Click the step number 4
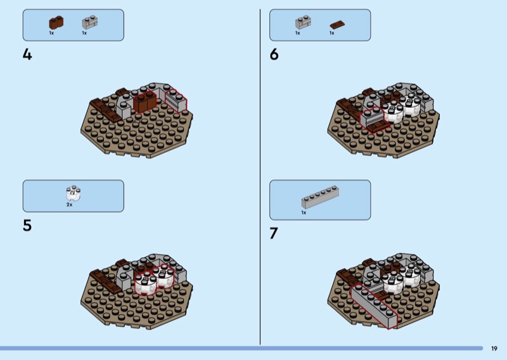pos(27,55)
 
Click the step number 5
pos(27,226)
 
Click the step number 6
pos(274,55)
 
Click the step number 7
pos(274,233)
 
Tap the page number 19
pos(494,349)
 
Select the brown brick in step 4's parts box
pos(56,23)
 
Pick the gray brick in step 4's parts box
pos(89,22)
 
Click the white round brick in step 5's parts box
pos(74,193)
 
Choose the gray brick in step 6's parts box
pos(303,22)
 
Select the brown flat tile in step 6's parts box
pos(338,25)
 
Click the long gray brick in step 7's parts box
pos(321,197)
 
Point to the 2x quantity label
pos(70,205)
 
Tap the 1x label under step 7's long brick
pos(304,212)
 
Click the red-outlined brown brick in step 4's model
pos(144,102)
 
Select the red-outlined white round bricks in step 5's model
pos(154,279)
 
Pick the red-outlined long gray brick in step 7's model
pos(374,305)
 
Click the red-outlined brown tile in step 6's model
pos(379,126)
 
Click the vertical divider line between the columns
pos(260,177)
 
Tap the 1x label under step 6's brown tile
pos(331,33)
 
